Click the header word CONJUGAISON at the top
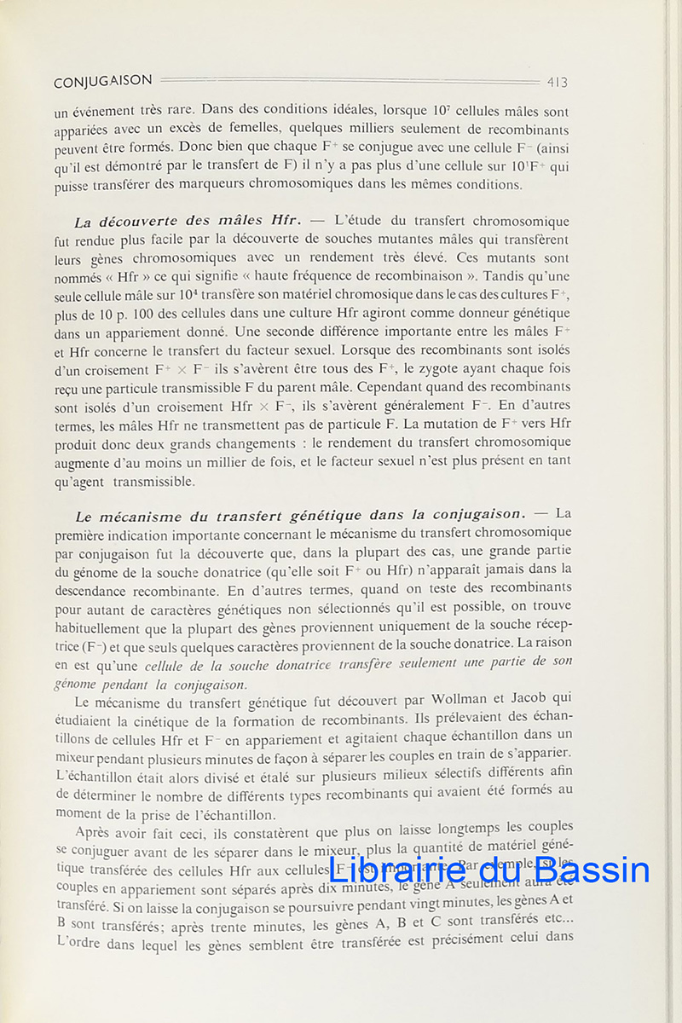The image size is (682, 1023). [102, 82]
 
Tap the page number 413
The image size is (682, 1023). [558, 83]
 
